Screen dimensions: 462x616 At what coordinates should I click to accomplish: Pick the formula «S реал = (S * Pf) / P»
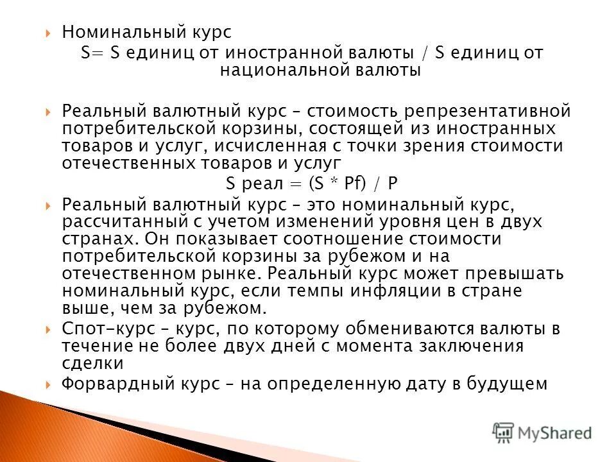coord(312,184)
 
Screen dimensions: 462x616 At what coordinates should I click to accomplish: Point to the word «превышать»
coord(513,273)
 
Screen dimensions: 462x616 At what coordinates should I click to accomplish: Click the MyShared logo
coord(542,432)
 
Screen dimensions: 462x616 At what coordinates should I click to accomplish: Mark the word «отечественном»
coord(129,273)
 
